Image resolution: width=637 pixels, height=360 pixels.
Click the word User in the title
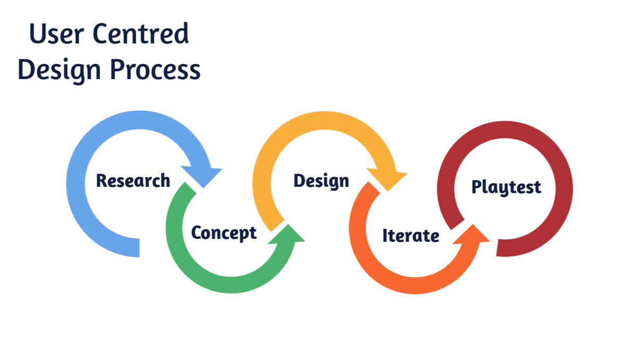[55, 35]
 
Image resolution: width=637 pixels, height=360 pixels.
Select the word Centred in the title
[140, 35]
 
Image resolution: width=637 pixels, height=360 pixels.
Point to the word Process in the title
[155, 70]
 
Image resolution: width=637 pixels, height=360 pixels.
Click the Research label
[133, 181]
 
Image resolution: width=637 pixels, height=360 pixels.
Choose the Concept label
[224, 233]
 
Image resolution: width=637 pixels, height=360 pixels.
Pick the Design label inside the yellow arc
[321, 181]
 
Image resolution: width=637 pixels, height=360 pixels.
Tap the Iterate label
[411, 235]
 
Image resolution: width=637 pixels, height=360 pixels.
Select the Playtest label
[506, 187]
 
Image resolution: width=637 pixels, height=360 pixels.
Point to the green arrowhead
[287, 237]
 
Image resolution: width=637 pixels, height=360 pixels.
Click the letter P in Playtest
[477, 186]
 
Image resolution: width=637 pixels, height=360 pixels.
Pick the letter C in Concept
[197, 233]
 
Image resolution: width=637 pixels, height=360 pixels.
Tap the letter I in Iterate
[385, 235]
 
